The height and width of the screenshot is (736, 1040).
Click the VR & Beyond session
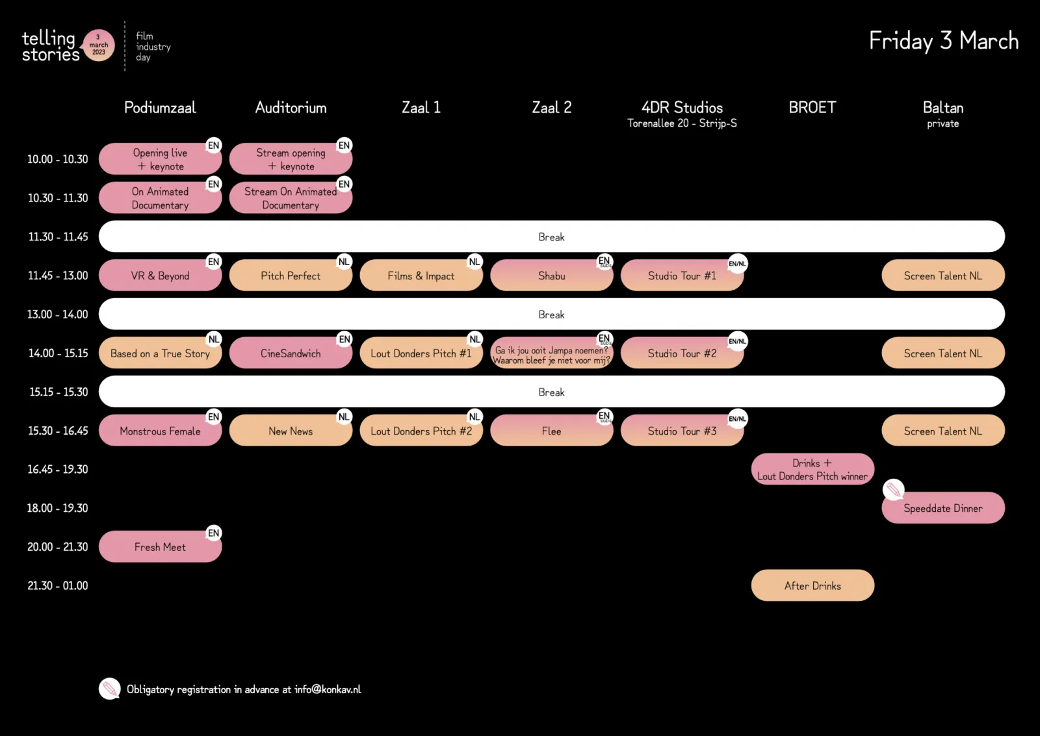click(160, 276)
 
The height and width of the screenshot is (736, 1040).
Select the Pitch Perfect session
click(291, 276)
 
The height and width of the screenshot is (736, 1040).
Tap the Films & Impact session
click(421, 276)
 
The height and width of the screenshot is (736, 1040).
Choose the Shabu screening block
click(551, 276)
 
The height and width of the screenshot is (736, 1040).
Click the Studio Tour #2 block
click(682, 353)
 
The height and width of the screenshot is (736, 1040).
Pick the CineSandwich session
click(291, 353)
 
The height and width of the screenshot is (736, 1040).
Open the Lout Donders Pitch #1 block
click(421, 353)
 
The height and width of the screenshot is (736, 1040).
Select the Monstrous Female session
click(160, 431)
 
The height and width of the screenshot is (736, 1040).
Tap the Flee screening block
click(551, 431)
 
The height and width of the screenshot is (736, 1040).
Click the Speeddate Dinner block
click(942, 509)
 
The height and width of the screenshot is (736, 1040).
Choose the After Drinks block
click(812, 586)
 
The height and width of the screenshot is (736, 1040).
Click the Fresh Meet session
click(160, 547)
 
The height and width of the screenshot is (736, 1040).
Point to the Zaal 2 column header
click(551, 108)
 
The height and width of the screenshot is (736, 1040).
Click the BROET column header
click(812, 108)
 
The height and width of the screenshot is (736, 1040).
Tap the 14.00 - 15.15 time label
click(58, 353)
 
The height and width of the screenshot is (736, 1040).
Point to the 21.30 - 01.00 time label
click(58, 586)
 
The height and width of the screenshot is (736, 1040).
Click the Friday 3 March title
click(943, 41)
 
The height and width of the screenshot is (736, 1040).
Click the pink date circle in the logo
click(99, 45)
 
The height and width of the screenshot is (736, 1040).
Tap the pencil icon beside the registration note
click(110, 689)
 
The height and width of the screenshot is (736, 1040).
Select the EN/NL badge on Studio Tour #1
click(737, 264)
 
